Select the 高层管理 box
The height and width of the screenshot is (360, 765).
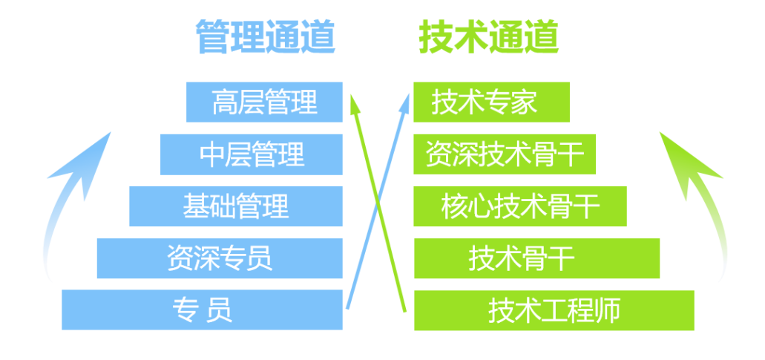[x=264, y=102]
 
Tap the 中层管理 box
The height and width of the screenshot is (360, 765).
[x=252, y=154]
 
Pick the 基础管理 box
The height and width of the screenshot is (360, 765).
[x=236, y=206]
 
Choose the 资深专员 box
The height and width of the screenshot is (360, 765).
[x=220, y=258]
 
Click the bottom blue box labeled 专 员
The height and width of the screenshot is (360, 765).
[x=202, y=310]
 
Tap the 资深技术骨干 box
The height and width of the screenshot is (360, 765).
[x=505, y=154]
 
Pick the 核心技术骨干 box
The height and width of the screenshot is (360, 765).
[x=519, y=206]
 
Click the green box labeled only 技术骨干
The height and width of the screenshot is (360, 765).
[x=536, y=258]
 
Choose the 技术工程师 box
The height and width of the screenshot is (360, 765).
[x=554, y=310]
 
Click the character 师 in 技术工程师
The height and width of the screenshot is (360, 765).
[x=608, y=310]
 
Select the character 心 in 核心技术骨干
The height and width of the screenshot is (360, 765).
[x=476, y=206]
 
